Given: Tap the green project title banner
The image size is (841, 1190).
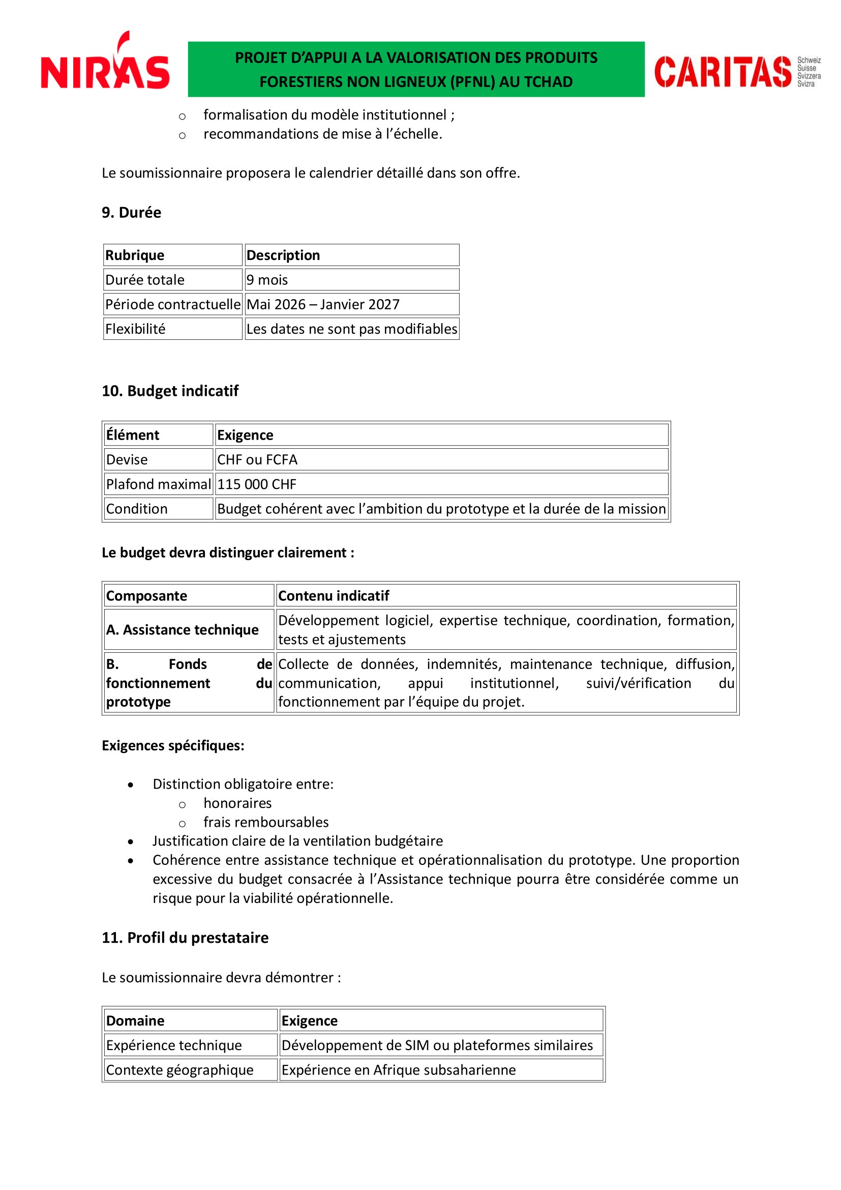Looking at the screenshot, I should (x=416, y=70).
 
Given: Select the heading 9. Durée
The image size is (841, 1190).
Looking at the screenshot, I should (x=132, y=213).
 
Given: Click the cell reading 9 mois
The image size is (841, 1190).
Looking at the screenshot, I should (x=267, y=280).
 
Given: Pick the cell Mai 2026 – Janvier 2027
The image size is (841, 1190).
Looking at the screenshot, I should (x=323, y=304).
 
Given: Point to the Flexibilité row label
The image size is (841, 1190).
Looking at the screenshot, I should (x=136, y=329).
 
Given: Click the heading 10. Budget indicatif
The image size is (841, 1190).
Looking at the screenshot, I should (x=170, y=391).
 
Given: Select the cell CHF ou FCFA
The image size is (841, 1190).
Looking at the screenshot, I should (x=257, y=460).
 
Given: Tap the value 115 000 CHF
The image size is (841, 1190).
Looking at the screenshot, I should (x=257, y=484).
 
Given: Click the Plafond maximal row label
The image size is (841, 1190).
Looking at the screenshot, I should (x=159, y=484).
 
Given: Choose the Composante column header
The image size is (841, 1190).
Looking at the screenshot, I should (x=146, y=596).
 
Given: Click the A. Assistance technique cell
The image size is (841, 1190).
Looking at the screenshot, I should (x=183, y=630).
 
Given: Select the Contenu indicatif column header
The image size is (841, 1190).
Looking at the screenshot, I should (x=334, y=596).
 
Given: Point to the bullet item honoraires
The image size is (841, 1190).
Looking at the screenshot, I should (x=237, y=803).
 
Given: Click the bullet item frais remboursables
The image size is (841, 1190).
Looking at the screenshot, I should (x=266, y=822).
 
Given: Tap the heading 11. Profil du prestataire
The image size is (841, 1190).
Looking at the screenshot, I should (x=185, y=938).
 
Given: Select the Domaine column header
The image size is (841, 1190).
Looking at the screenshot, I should (x=135, y=1021).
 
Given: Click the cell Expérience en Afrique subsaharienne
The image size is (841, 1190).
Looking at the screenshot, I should (x=399, y=1070).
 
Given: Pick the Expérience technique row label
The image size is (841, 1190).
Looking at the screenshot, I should (x=174, y=1045).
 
